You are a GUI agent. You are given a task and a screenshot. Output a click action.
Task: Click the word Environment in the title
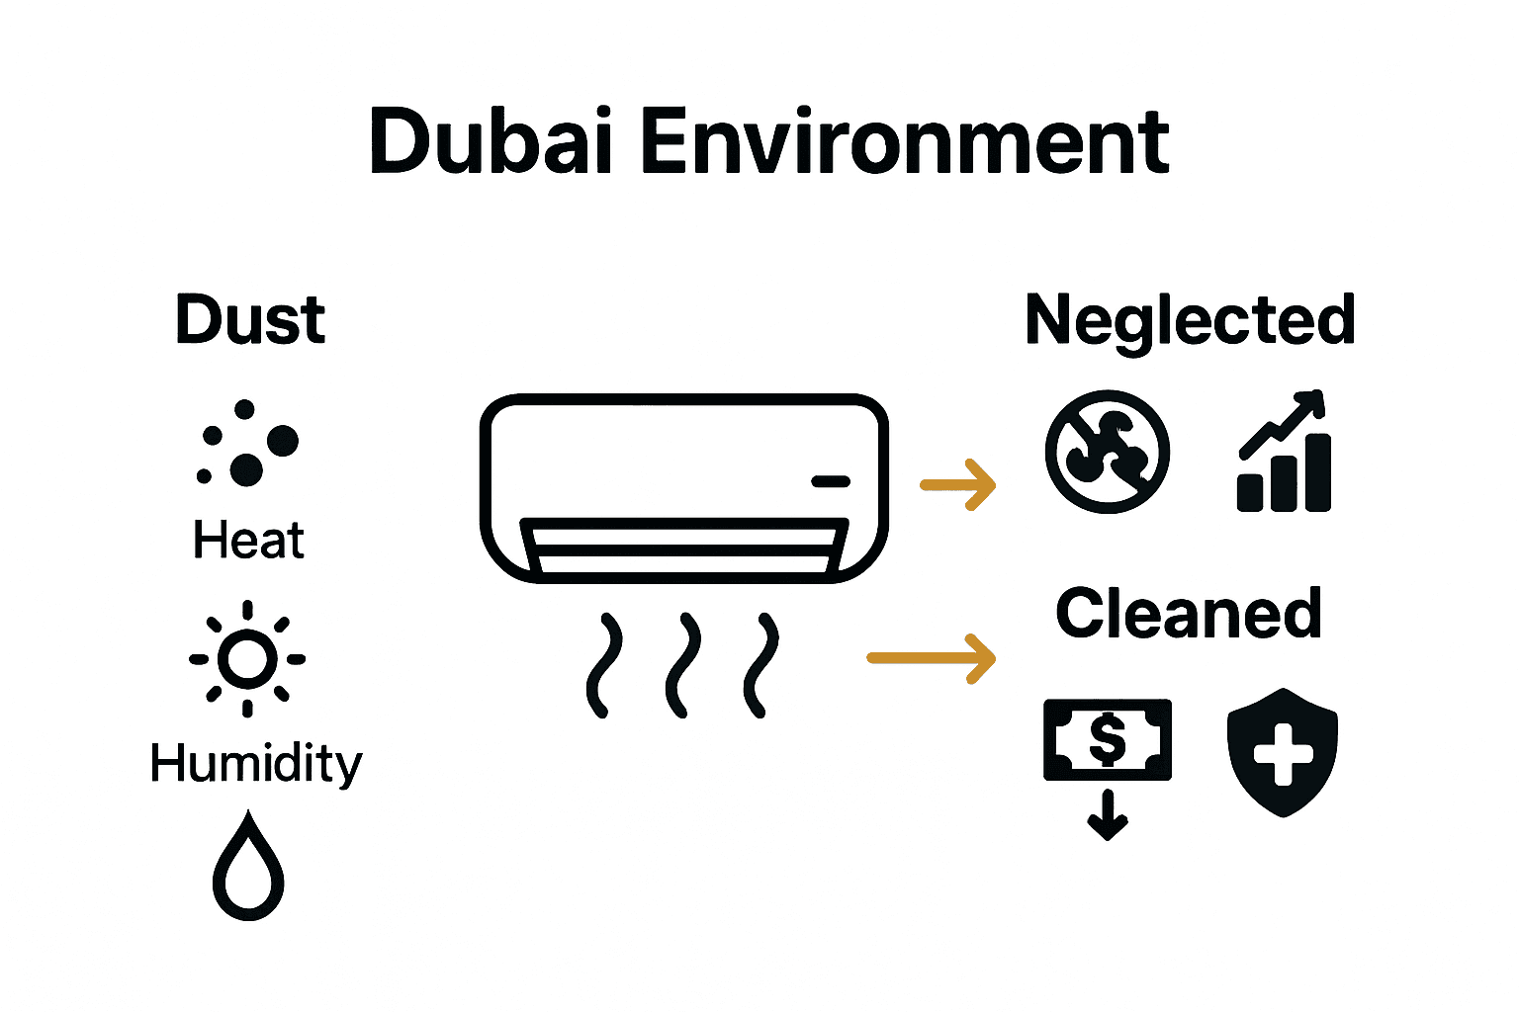[x=905, y=142]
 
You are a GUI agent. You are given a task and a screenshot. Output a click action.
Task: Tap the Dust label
[x=250, y=320]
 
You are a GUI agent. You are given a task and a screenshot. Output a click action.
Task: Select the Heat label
[x=248, y=541]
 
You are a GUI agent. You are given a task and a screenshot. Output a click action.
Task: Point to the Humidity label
[x=256, y=765]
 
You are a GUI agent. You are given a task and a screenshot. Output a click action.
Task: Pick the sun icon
[x=247, y=658]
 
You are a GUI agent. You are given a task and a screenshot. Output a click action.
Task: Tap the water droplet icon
[x=248, y=868]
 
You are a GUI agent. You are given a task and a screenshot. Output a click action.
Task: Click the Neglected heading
[x=1190, y=320]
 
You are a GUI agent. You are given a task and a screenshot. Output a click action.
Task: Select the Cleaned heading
[x=1188, y=614]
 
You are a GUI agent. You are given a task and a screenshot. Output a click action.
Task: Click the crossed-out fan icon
[x=1108, y=452]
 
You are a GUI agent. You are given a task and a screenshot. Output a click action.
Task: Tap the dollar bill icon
[x=1108, y=739]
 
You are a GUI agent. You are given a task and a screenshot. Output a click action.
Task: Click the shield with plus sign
[x=1283, y=752]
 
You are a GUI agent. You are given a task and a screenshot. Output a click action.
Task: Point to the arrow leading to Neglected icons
[x=957, y=484]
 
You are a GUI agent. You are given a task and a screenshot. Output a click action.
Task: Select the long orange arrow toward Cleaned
[x=931, y=658]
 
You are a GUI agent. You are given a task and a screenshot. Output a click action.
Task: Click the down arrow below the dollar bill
[x=1108, y=815]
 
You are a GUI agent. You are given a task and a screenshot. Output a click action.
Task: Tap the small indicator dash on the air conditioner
[x=831, y=481]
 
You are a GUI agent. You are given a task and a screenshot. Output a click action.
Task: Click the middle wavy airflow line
[x=682, y=665]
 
